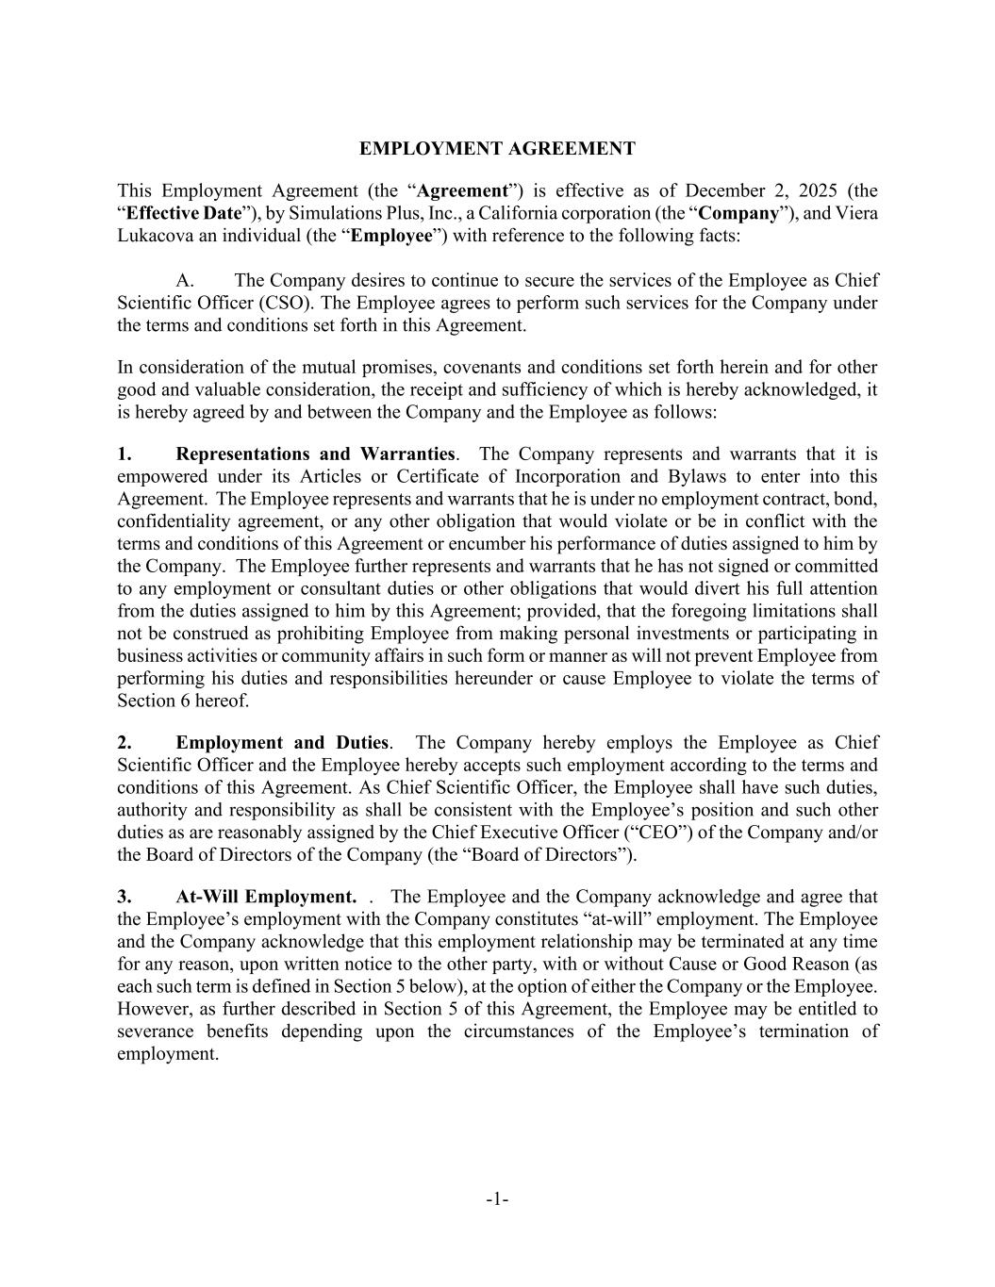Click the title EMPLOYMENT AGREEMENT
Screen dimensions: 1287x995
[x=497, y=149]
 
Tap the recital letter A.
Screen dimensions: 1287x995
[x=185, y=280]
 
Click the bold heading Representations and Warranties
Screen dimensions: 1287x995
[x=315, y=454]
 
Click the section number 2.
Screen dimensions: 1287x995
[x=124, y=743]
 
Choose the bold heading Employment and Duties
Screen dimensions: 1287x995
[x=282, y=743]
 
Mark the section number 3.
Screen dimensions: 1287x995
[x=124, y=897]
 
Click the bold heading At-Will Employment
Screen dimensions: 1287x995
[x=266, y=897]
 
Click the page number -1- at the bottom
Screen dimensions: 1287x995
[x=497, y=1199]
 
